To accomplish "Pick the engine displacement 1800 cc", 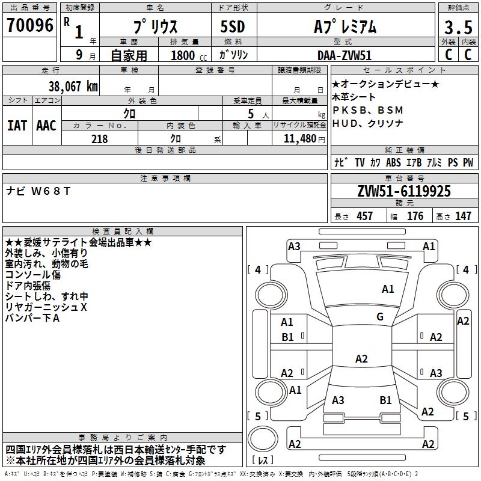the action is [x=186, y=55].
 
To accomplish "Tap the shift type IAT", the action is [x=17, y=125].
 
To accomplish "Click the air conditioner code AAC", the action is [x=46, y=125].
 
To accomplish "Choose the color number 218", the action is [x=99, y=139].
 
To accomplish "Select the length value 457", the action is [x=364, y=216].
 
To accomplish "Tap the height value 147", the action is [x=463, y=216].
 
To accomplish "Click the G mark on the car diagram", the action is [x=380, y=317].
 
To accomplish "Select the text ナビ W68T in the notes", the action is [x=38, y=191].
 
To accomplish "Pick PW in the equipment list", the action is [x=468, y=162].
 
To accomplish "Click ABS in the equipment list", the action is [x=393, y=162].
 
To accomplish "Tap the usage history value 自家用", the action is [x=129, y=55].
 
